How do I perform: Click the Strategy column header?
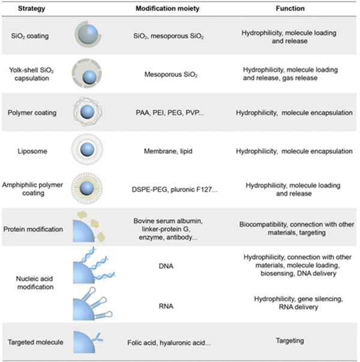pos(32,8)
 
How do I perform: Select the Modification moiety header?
pos(167,8)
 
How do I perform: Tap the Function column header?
pos(290,8)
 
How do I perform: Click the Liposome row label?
pos(32,151)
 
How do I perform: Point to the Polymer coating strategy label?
pos(32,113)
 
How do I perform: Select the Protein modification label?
pos(33,229)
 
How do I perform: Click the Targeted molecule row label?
pos(35,342)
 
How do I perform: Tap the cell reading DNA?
pos(166,266)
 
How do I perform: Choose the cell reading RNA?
pos(166,306)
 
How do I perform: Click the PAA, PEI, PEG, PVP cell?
pos(170,113)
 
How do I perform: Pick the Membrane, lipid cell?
pos(168,151)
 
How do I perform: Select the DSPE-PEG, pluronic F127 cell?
pos(175,190)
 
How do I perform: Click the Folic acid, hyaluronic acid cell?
pos(169,343)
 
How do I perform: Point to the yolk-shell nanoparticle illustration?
pos(86,73)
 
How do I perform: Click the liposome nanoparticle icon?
pos(87,149)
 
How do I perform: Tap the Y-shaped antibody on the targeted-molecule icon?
pos(98,338)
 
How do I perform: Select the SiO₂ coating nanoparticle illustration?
pos(88,34)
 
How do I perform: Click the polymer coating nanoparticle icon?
pos(88,112)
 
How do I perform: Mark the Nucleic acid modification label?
pos(35,283)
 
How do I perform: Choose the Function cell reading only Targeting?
pos(290,341)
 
